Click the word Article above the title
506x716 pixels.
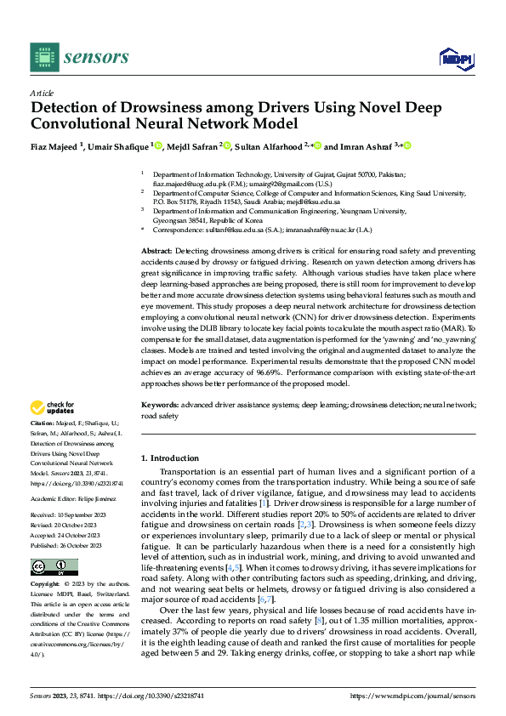pos(41,94)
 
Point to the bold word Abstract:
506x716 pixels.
pos(156,253)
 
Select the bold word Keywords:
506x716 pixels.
pos(159,406)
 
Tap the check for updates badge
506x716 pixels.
pos(53,407)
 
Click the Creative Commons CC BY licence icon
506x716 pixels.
pos(54,567)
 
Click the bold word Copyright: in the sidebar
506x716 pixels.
pos(45,585)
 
